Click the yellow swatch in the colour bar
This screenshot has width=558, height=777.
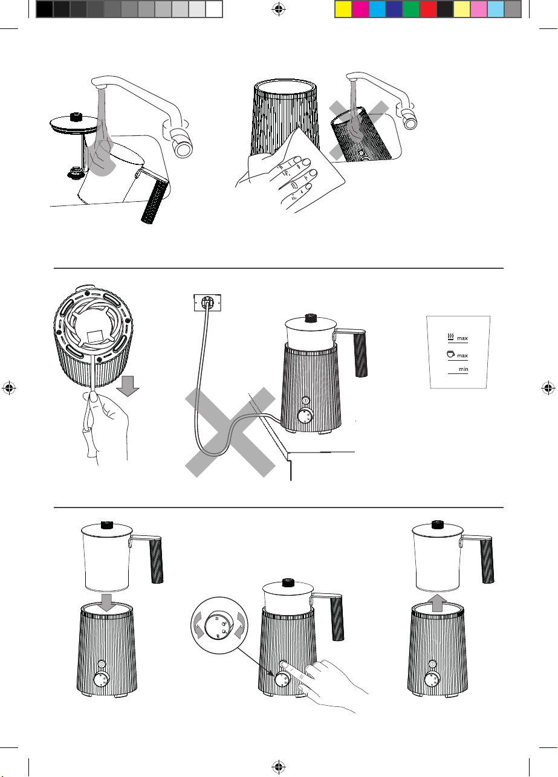pyautogui.click(x=343, y=10)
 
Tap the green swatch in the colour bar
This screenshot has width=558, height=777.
pyautogui.click(x=411, y=10)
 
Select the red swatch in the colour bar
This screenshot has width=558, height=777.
pyautogui.click(x=428, y=10)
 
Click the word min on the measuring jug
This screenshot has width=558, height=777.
pyautogui.click(x=463, y=369)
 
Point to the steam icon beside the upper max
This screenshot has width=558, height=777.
pyautogui.click(x=451, y=336)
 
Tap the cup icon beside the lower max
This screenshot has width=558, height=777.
pyautogui.click(x=450, y=354)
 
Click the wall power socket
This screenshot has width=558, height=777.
pyautogui.click(x=207, y=303)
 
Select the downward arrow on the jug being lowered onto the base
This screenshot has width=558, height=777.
pyautogui.click(x=106, y=603)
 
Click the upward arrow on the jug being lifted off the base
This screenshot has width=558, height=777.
pyautogui.click(x=437, y=603)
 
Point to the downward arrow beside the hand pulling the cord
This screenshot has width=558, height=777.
pyautogui.click(x=128, y=385)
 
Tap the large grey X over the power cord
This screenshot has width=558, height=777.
pyautogui.click(x=230, y=432)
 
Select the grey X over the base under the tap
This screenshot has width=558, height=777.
pyautogui.click(x=358, y=131)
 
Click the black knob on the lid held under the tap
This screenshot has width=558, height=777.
pyautogui.click(x=74, y=117)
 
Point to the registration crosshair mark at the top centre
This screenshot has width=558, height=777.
pyautogui.click(x=278, y=10)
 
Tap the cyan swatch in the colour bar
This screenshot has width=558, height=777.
pyautogui.click(x=377, y=10)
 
